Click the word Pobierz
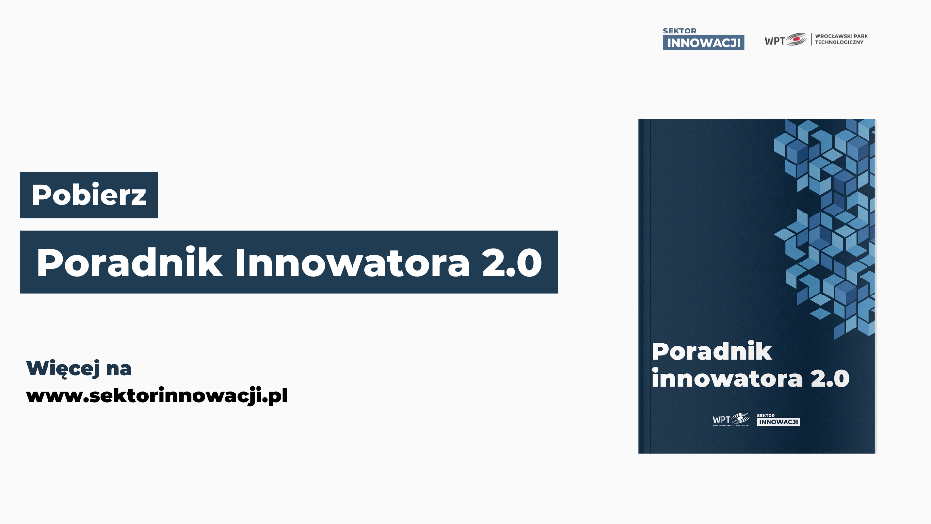[x=89, y=195]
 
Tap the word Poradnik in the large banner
[x=129, y=262]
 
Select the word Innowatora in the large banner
[x=352, y=262]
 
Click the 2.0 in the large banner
[x=512, y=262]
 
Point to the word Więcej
[x=63, y=368]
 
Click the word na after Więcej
[x=119, y=369]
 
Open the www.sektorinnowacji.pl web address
[x=157, y=395]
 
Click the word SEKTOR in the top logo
[x=679, y=31]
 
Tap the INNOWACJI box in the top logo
[x=704, y=43]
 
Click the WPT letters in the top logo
[x=774, y=41]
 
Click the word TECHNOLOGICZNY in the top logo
[x=839, y=42]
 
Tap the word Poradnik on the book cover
[x=711, y=351]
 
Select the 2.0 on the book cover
[x=830, y=378]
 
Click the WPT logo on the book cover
[x=731, y=419]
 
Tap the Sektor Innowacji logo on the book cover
[x=778, y=420]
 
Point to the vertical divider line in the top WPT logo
[x=811, y=39]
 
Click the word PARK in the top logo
[x=861, y=36]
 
